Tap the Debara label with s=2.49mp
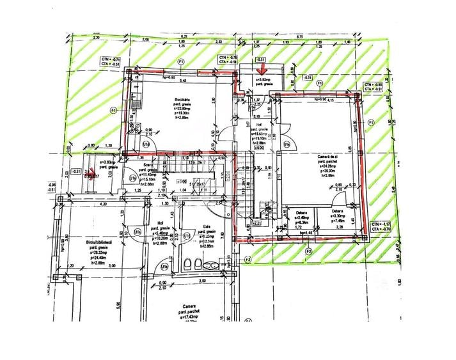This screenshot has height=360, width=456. point(302,212)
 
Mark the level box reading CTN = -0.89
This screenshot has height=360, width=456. point(374,87)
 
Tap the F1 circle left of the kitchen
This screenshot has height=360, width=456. point(113,110)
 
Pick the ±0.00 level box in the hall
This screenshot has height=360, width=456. point(260,148)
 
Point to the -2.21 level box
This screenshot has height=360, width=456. point(256,224)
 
